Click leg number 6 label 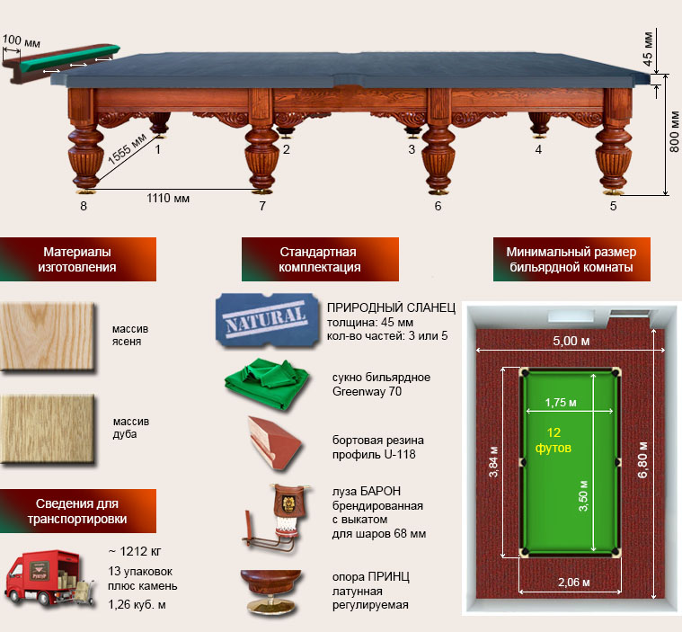[438, 207]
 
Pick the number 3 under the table [412, 149]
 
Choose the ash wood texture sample [48, 335]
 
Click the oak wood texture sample [48, 429]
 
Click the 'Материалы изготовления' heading [78, 260]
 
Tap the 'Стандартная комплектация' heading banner [319, 260]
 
